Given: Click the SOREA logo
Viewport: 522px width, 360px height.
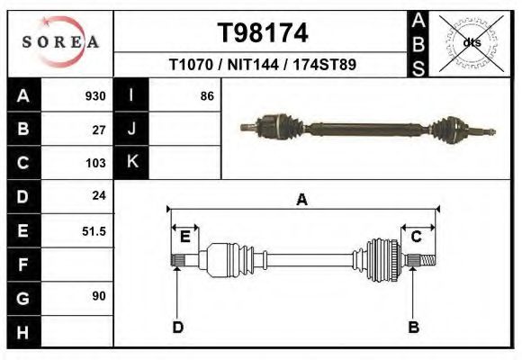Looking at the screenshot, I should point(60,42).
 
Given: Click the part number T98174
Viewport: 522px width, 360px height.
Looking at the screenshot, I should point(263,33).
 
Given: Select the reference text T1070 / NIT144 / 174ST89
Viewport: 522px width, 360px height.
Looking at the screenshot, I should point(263,66).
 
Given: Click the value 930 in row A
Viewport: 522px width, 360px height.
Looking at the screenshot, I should point(95,96).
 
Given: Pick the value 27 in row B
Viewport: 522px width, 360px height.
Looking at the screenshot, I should point(99,130).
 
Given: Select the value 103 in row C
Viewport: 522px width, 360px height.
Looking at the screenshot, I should point(95,163).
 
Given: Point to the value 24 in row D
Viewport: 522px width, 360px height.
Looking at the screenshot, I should point(99,195).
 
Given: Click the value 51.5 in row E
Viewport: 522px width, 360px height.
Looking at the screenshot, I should point(94,231).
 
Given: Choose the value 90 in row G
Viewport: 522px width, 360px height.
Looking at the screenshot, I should point(99,296).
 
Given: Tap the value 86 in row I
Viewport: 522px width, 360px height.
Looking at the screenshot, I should point(206,96).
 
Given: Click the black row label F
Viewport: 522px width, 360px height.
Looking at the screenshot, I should point(22,265).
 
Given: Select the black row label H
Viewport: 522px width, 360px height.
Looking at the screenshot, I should point(22,331).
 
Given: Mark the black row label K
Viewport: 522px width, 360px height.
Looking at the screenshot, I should point(131,163).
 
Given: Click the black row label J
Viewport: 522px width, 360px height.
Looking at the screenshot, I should point(131,130).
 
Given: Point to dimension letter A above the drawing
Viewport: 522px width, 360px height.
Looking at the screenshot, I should point(302,200).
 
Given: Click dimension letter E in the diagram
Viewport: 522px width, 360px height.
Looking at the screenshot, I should point(184,237).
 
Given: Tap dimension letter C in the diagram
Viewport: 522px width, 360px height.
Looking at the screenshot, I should point(417,237).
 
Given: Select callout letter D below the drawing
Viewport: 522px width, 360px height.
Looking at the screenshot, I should point(177,327).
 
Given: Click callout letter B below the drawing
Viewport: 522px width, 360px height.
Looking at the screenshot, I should point(414,327).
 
